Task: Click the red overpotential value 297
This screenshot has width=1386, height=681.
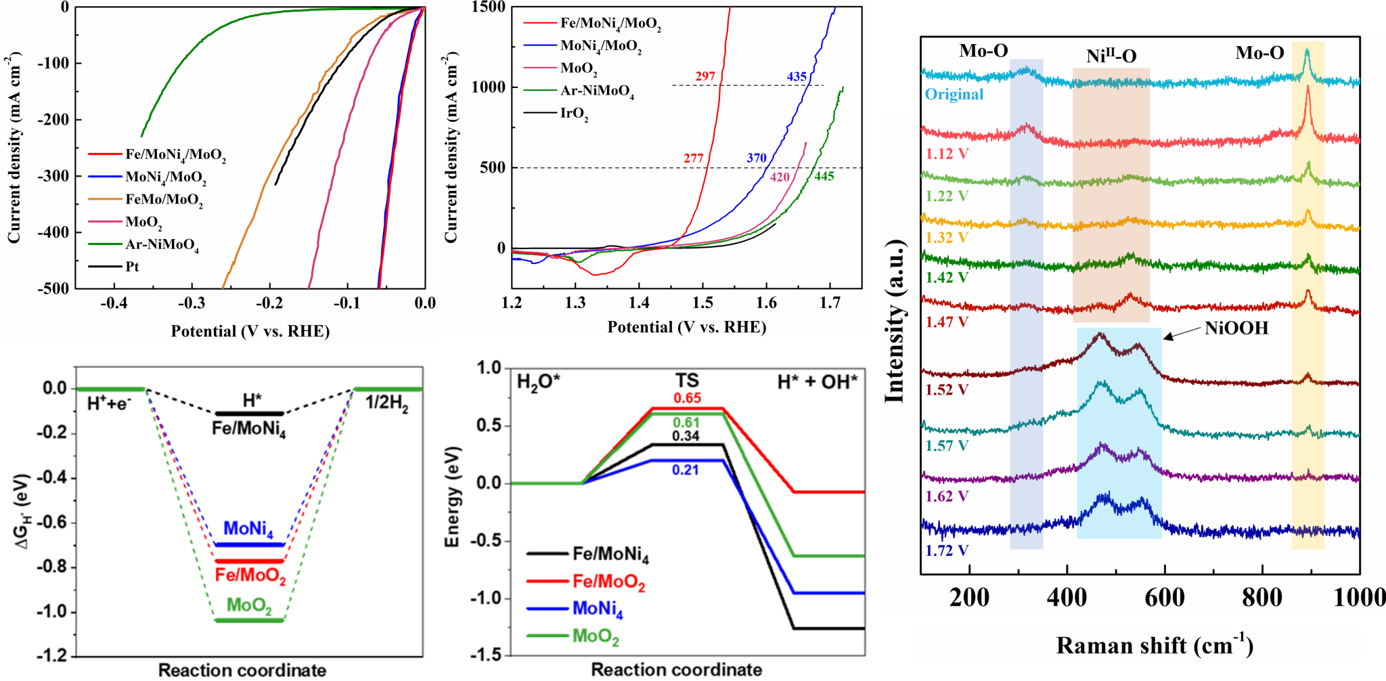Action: coord(705,76)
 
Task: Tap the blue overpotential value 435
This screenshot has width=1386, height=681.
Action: coord(797,76)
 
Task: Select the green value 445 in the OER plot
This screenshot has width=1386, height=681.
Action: coord(824,177)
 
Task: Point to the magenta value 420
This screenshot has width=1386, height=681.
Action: coord(780,177)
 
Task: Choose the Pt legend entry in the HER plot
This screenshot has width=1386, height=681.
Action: coord(132,267)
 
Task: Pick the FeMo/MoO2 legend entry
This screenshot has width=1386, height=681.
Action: coord(164,200)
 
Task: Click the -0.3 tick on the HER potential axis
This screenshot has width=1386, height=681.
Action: coord(192,303)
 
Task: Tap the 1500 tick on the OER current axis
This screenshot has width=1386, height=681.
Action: coord(489,7)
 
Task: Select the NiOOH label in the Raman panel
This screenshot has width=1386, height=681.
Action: coord(1236,328)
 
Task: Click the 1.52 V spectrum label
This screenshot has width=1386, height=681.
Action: coord(947,390)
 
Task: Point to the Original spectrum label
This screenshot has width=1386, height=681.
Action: coord(954,94)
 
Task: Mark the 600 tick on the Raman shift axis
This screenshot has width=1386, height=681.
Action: coord(1164,597)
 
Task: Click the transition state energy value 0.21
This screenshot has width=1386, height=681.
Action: coord(686,470)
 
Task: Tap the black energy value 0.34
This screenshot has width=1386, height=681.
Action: coord(686,436)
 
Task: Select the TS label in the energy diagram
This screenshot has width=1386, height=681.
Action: coord(686,381)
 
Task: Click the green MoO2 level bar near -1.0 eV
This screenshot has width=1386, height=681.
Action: coord(248,620)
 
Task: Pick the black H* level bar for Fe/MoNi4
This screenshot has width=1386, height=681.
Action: coord(248,413)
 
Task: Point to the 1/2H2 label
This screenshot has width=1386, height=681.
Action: coord(386,403)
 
